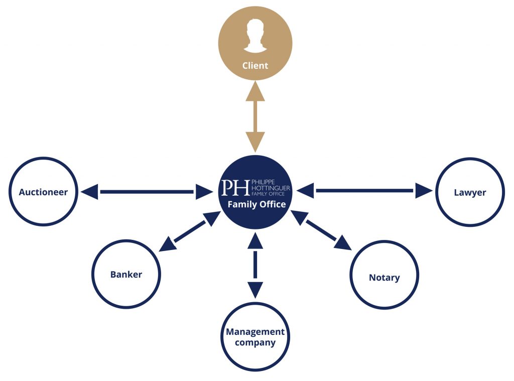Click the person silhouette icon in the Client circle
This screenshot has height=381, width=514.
point(255,36)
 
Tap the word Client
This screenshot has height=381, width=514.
point(255,66)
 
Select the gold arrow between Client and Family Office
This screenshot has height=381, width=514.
point(255,116)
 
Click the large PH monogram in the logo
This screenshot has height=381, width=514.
point(235,188)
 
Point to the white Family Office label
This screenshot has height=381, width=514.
point(256,204)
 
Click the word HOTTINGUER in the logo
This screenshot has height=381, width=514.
point(271,188)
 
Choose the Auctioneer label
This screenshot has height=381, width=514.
point(43,192)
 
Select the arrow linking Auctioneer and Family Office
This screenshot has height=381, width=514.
point(147,192)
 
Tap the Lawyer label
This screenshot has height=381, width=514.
point(470,192)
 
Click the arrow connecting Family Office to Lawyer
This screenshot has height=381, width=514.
point(364,191)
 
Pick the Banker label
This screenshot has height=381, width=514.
point(126,275)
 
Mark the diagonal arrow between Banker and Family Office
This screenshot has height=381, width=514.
point(190,231)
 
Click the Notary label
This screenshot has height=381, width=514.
point(384,278)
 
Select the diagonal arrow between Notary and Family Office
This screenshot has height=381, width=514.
point(321,230)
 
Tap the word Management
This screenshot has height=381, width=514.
point(255,332)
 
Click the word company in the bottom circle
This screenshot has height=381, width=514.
point(255,343)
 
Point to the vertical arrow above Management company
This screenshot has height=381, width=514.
point(255,265)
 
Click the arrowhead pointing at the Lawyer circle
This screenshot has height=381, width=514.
point(424,191)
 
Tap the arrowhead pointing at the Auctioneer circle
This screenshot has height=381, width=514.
point(89,192)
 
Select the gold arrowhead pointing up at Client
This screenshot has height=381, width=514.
point(255,91)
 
